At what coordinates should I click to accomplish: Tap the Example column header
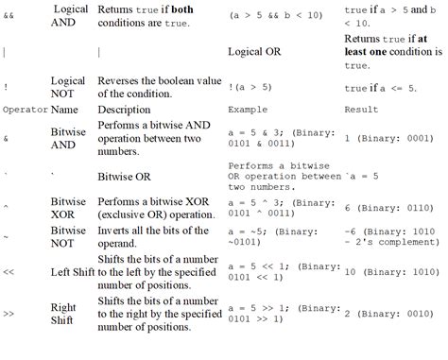(248, 111)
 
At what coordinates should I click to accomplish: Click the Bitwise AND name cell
(69, 139)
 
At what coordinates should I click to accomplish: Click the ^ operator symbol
(7, 203)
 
